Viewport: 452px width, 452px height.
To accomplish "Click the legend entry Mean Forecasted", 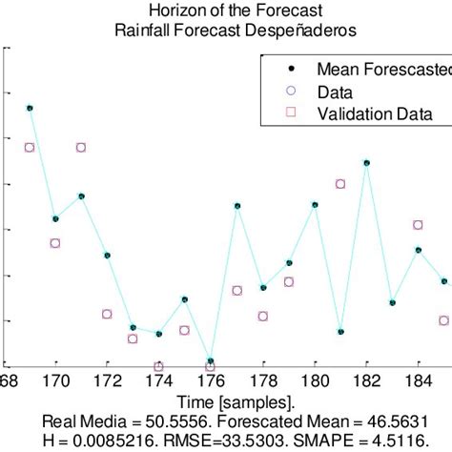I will click(x=382, y=70).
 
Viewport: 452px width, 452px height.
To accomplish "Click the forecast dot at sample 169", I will click(x=30, y=109).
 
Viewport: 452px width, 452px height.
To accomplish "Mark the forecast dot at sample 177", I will click(x=237, y=206).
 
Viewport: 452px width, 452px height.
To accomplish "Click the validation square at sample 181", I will click(x=340, y=184).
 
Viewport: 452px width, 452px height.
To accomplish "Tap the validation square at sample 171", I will click(x=81, y=147).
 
